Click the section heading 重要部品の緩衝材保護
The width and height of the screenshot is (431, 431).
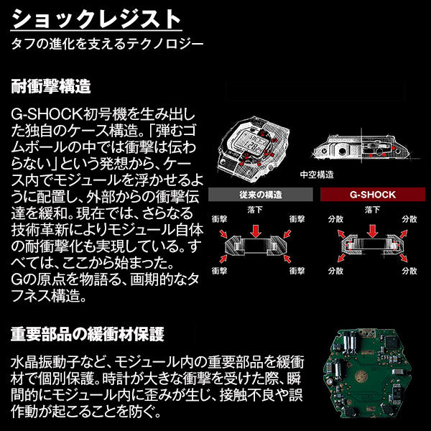(x=87, y=334)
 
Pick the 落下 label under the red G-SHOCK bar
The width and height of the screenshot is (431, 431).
(x=371, y=210)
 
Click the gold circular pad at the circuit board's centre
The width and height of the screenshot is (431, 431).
(x=367, y=374)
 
